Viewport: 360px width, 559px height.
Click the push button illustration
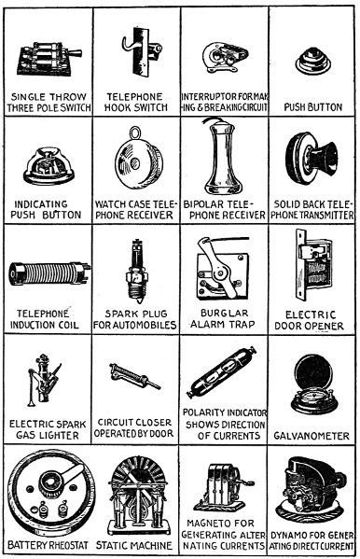pos(313,62)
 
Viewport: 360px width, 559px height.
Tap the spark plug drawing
pos(136,270)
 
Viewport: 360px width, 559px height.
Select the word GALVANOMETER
pos(312,436)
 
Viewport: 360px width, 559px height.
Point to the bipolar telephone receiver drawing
pos(223,156)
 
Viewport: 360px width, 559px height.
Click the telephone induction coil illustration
pos(48,273)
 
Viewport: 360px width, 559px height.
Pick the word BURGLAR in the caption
pos(224,313)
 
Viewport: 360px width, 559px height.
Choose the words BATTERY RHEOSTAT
pos(48,545)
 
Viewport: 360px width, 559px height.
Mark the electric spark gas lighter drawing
pos(44,380)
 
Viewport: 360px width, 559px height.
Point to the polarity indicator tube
pos(222,372)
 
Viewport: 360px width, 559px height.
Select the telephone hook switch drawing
pos(142,51)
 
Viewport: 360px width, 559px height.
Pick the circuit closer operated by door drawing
pos(134,376)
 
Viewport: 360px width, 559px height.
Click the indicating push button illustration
pos(48,165)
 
